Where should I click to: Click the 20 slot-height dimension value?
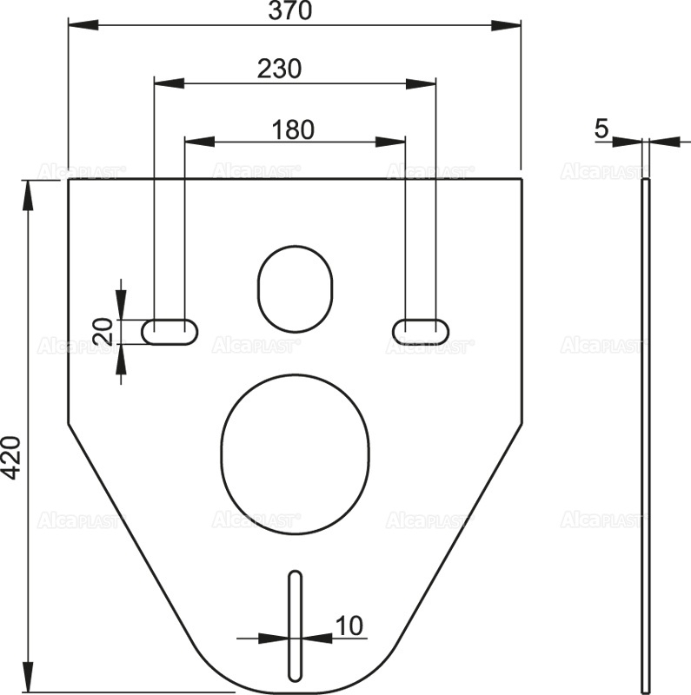(103, 331)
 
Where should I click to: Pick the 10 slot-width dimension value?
(349, 625)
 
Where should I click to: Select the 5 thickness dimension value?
(601, 129)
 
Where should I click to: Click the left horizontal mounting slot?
(169, 331)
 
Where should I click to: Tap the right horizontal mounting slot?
(422, 331)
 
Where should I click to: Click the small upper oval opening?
(296, 288)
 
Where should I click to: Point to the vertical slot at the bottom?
(296, 626)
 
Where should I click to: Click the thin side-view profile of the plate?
(645, 434)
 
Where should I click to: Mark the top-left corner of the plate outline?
(69, 180)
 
